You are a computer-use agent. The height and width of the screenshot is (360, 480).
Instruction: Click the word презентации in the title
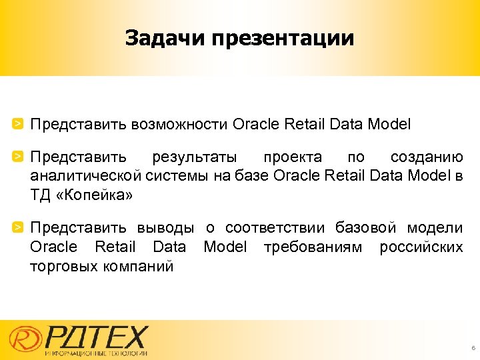283,39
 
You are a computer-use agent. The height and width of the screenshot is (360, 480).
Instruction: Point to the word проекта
292,158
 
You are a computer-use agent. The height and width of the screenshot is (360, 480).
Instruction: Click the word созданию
427,158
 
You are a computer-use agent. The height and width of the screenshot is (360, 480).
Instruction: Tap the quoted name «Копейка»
97,195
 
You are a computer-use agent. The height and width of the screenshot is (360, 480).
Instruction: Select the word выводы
166,229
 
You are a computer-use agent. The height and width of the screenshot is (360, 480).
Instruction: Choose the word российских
421,247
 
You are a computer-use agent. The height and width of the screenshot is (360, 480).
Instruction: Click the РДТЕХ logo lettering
97,335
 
